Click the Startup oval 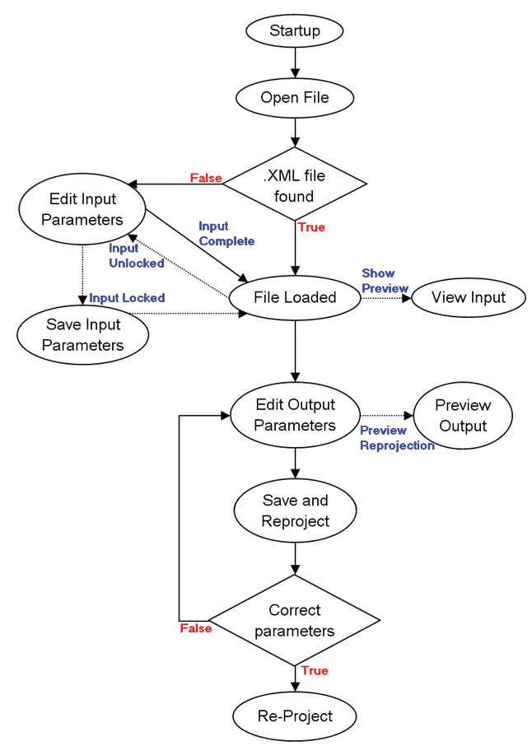click(295, 30)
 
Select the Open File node click(295, 97)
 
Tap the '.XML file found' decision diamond click(295, 184)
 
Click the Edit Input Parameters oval click(82, 209)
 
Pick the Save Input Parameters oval click(83, 335)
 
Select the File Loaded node click(295, 298)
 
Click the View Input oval click(469, 298)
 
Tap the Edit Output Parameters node click(295, 415)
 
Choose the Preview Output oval click(463, 415)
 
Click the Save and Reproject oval click(295, 511)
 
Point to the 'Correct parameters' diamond click(295, 620)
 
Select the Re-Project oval click(295, 716)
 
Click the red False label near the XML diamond click(206, 178)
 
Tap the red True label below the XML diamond click(311, 227)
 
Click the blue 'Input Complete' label click(226, 234)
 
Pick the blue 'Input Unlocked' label click(137, 255)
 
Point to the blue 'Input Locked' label click(127, 298)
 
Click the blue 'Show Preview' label click(385, 281)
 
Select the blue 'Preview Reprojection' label click(397, 438)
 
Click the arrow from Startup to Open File click(295, 63)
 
